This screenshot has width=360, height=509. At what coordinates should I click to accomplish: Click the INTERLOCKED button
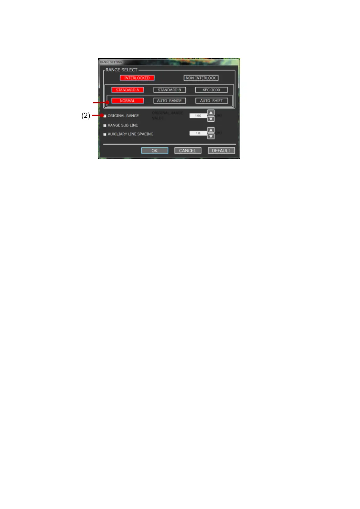pos(137,78)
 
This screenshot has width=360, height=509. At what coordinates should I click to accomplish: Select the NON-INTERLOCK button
pos(201,78)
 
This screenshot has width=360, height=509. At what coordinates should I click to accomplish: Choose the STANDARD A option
pos(127,90)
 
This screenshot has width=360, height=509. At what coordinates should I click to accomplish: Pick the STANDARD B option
pos(169,90)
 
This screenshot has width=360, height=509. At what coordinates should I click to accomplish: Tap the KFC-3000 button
pos(211,90)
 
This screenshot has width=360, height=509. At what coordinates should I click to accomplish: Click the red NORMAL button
pos(127,101)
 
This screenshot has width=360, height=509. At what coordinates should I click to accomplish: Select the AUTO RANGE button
pos(169,101)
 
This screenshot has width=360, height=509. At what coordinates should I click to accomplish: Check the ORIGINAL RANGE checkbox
pos(105,116)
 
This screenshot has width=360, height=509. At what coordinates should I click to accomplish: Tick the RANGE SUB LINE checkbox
pos(105,125)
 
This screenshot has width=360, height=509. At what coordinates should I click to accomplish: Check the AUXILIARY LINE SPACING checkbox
pos(105,134)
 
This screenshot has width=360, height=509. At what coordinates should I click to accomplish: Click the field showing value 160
pos(198,116)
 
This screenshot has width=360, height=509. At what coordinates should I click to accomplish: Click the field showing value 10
pos(198,133)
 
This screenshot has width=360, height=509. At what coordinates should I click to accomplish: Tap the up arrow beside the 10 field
pos(211,130)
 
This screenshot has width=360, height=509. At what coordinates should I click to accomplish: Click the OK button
pos(154,151)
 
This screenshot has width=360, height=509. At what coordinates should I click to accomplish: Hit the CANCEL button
pos(187,151)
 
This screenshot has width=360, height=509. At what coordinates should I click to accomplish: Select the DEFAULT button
pos(221,151)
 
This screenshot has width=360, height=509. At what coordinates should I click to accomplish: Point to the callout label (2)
pos(86,115)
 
